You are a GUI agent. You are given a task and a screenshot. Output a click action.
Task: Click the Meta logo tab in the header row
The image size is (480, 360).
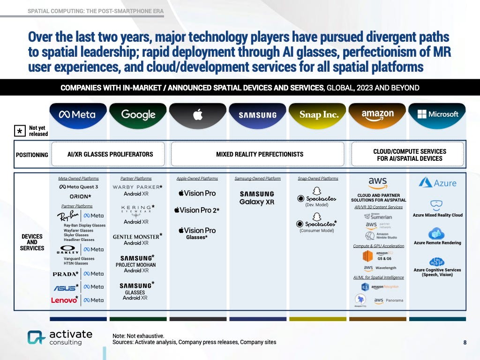click(x=77, y=114)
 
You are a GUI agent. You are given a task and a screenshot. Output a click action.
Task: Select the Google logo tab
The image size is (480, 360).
click(x=138, y=114)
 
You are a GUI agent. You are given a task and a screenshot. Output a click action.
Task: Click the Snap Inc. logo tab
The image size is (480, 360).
click(x=319, y=115)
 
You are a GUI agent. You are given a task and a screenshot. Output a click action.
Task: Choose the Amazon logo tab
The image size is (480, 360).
click(x=377, y=115)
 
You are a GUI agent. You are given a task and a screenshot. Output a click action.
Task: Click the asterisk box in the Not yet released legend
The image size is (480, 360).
click(x=20, y=131)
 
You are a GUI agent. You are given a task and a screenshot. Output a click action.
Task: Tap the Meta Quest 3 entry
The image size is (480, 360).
click(x=79, y=187)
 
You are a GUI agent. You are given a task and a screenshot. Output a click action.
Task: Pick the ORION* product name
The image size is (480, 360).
click(x=80, y=196)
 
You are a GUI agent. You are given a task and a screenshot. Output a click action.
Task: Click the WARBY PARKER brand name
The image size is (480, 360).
click(x=136, y=187)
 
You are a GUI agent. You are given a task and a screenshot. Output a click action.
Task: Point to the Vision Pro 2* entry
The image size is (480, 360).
click(x=199, y=210)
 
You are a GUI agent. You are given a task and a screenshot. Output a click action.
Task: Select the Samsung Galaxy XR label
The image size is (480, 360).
click(x=257, y=198)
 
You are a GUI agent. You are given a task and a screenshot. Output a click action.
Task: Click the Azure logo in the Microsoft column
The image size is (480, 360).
click(x=437, y=182)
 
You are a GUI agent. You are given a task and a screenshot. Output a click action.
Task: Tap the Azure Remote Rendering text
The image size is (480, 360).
click(x=437, y=243)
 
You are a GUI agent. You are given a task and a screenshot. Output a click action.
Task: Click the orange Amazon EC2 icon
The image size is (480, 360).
click(x=367, y=256)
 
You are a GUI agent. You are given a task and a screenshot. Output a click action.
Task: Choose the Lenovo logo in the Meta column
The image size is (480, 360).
click(x=64, y=300)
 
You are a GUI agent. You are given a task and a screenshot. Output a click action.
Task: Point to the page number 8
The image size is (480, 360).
click(x=465, y=343)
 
